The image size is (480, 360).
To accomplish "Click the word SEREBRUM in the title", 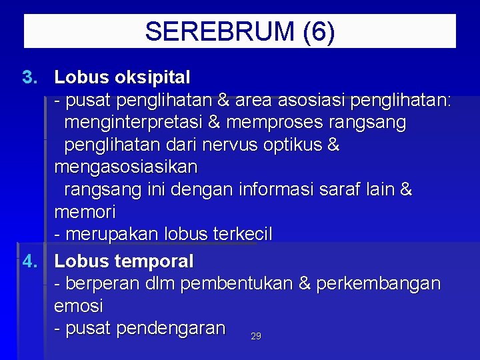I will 219,31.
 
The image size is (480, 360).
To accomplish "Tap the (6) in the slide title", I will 318,31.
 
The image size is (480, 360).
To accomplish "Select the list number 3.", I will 31,77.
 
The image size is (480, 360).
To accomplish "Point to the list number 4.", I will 31,261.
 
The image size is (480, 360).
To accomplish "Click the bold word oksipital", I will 152,77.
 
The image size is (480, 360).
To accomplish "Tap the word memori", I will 85,213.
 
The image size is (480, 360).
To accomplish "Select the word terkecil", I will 242,235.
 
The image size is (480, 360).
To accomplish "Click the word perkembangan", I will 378,284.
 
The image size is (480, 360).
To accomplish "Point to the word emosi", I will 79,307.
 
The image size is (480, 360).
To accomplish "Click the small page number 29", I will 256,337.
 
